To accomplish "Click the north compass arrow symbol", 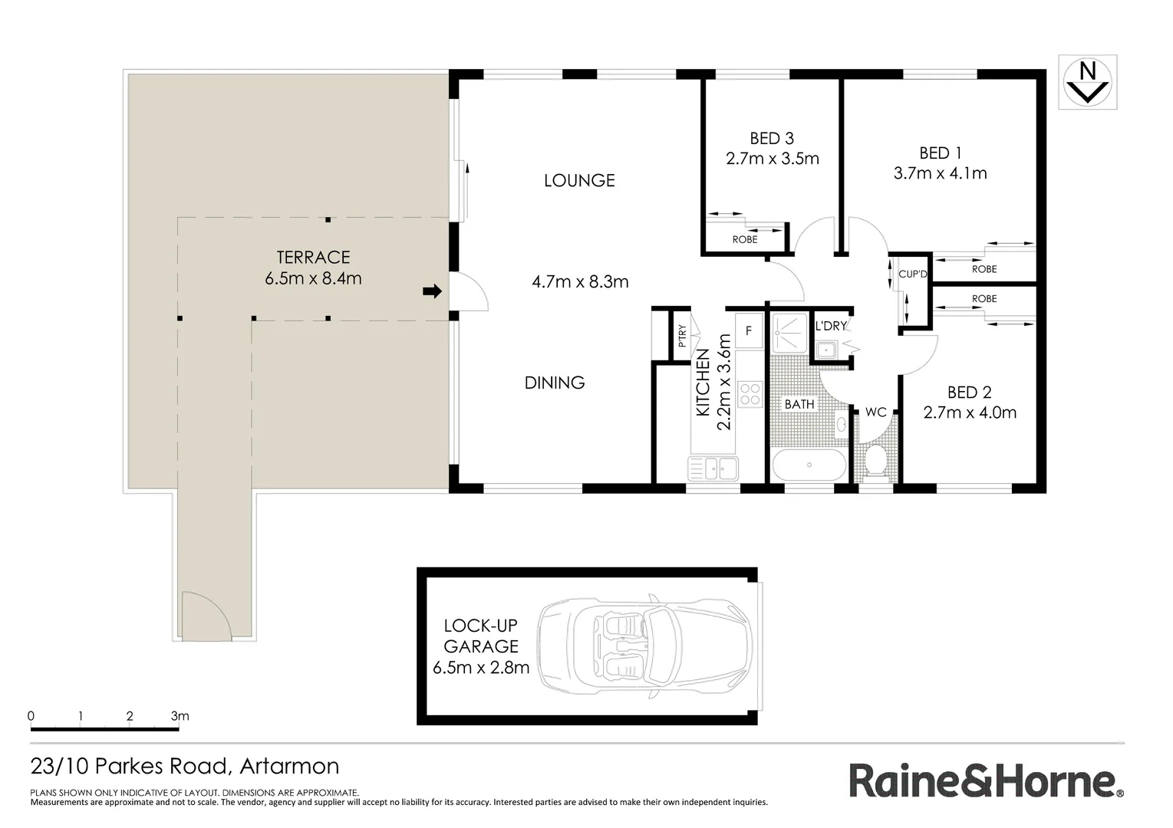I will pos(1087,82).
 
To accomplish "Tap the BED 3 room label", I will pos(771,139).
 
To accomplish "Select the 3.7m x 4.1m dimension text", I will pos(940,173).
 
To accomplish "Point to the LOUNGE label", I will pos(579,181).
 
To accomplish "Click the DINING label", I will pos(555,383).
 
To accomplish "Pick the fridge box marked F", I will pos(748,331).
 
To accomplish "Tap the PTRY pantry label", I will pos(682,337).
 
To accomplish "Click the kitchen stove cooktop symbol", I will pos(749,394).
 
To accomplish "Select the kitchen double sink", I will pos(713,467).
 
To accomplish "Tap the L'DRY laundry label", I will pos(831,326).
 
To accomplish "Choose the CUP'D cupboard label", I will pos(912,274).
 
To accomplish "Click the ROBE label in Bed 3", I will pos(744,240).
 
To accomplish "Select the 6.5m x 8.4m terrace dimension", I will pos(313,278).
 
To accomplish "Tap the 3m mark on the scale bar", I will pos(180,717).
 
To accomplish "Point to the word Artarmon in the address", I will pos(289,766).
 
